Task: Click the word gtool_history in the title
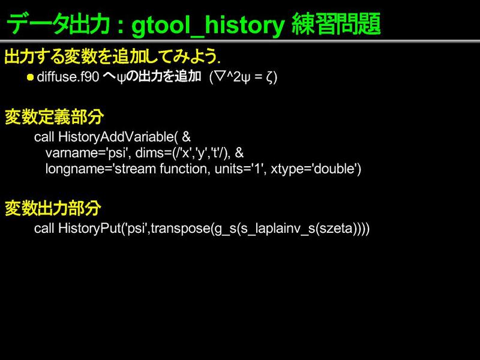(x=208, y=25)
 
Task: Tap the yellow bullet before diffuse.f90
(x=30, y=77)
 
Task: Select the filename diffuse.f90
(x=68, y=77)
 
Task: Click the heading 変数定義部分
(x=54, y=116)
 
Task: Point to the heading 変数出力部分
(x=53, y=208)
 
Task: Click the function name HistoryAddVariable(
(x=118, y=137)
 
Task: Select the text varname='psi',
(x=88, y=153)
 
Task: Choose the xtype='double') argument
(x=316, y=169)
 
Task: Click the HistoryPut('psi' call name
(x=103, y=229)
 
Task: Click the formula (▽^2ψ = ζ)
(x=243, y=77)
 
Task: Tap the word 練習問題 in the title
(x=336, y=24)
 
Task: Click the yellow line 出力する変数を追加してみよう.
(x=112, y=56)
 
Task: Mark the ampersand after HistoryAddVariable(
(x=187, y=137)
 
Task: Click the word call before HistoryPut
(x=44, y=229)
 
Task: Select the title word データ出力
(x=58, y=24)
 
